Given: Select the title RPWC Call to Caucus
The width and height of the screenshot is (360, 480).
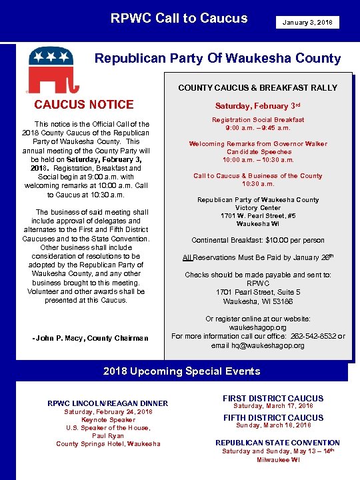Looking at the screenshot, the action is (x=179, y=19).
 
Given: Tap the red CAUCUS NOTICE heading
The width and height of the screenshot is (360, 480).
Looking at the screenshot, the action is (x=84, y=104).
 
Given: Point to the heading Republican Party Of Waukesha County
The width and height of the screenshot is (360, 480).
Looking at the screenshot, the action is (x=217, y=58).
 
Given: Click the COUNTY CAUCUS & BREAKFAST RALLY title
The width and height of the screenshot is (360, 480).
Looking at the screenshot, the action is (x=257, y=88).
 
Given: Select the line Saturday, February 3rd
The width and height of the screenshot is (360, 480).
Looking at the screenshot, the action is (x=257, y=106).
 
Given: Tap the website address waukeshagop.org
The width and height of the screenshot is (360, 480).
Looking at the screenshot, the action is (x=257, y=328).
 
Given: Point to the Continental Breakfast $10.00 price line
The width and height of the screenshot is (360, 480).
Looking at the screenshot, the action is (x=257, y=240).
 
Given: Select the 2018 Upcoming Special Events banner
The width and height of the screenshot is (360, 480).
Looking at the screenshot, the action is (x=181, y=371).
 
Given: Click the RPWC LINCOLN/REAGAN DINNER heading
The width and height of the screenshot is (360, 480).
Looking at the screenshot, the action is (x=108, y=403).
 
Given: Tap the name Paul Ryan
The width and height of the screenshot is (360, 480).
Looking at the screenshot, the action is (x=108, y=436).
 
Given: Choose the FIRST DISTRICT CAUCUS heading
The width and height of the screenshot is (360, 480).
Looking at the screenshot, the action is (x=273, y=398).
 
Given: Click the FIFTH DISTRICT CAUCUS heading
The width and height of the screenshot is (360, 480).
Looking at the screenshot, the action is (x=273, y=418).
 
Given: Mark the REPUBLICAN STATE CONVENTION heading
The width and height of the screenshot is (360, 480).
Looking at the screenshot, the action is (x=277, y=443).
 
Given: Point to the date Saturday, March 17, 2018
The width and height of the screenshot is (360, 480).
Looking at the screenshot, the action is (x=273, y=406).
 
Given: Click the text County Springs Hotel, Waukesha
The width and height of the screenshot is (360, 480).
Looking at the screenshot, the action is (x=108, y=444).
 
